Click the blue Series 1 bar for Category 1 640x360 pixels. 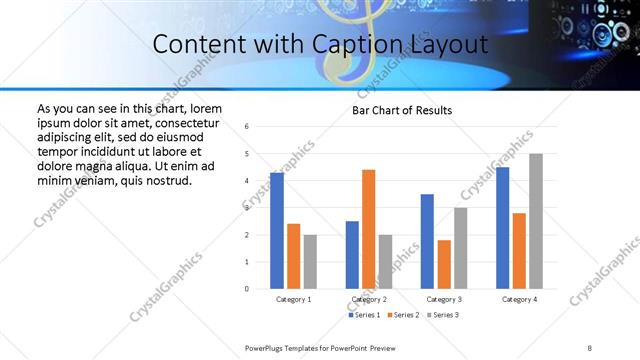pyautogui.click(x=277, y=231)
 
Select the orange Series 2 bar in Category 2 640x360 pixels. pyautogui.click(x=368, y=229)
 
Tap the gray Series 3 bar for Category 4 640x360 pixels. pyautogui.click(x=536, y=221)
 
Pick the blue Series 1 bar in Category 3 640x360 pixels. pyautogui.click(x=427, y=241)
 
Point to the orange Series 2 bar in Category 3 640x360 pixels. pyautogui.click(x=444, y=264)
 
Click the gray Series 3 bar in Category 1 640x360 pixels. pyautogui.click(x=310, y=262)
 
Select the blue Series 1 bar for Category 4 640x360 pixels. pyautogui.click(x=502, y=228)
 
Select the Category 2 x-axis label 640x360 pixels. pyautogui.click(x=368, y=299)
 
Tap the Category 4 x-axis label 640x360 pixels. pyautogui.click(x=518, y=299)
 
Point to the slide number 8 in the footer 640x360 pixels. pyautogui.click(x=589, y=347)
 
